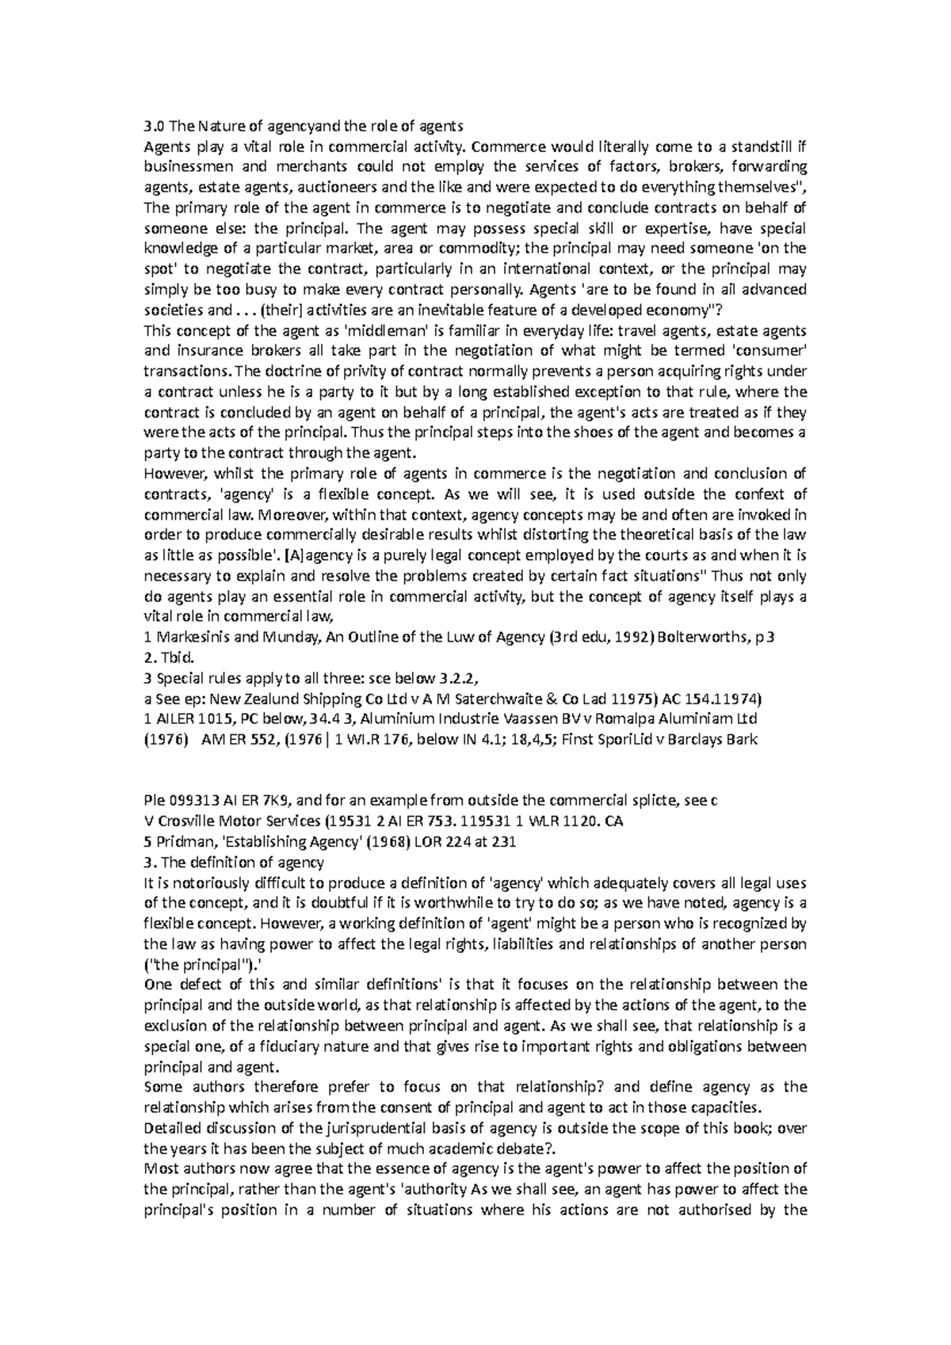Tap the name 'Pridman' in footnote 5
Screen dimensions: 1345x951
185,842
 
